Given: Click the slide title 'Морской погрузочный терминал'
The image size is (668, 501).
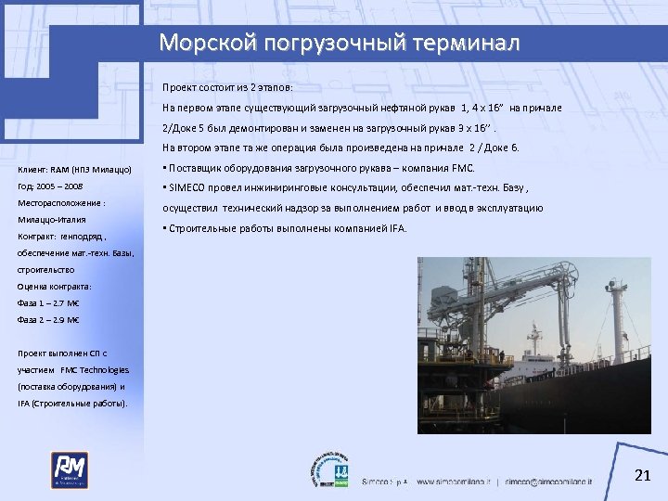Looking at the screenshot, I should [x=340, y=43].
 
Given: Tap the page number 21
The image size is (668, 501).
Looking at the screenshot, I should [x=640, y=476].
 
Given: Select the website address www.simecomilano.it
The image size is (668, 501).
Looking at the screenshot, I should [x=455, y=482].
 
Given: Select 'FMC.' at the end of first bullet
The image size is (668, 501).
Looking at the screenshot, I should [x=461, y=168].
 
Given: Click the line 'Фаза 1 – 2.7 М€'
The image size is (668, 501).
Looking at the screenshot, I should [x=48, y=303].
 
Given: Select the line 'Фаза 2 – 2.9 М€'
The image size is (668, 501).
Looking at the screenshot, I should [x=48, y=320].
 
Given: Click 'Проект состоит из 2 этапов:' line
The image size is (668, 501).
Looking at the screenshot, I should [x=227, y=87].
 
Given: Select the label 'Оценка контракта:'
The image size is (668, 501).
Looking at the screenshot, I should [x=54, y=287].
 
